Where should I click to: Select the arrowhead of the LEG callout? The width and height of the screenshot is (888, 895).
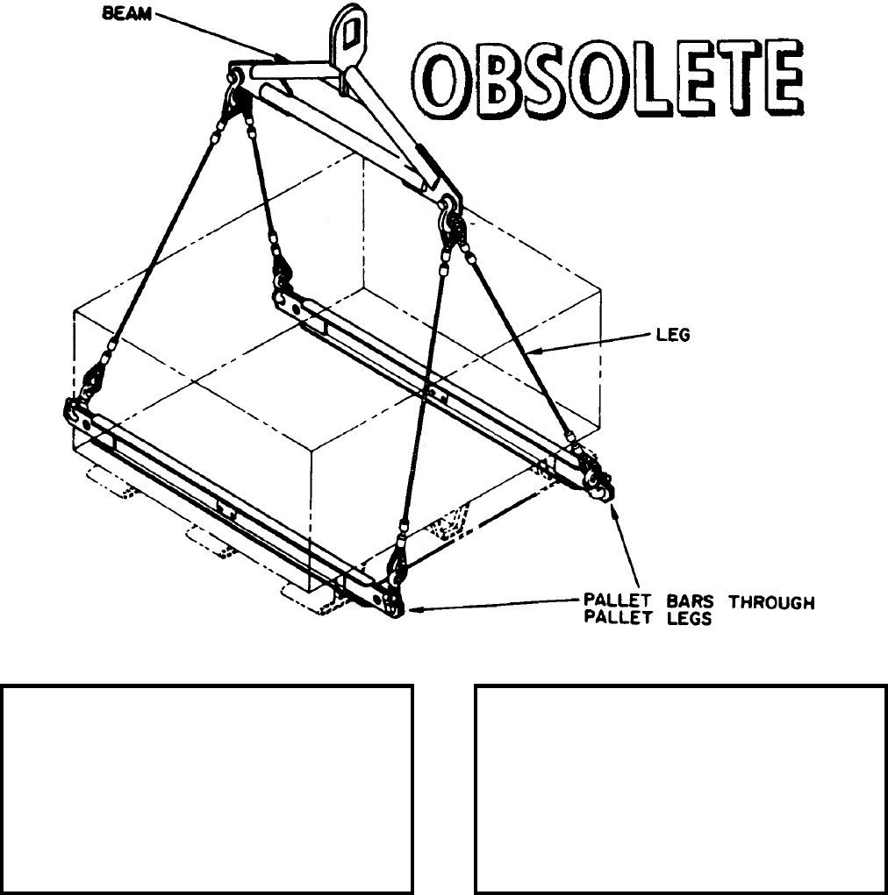pyautogui.click(x=536, y=352)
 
